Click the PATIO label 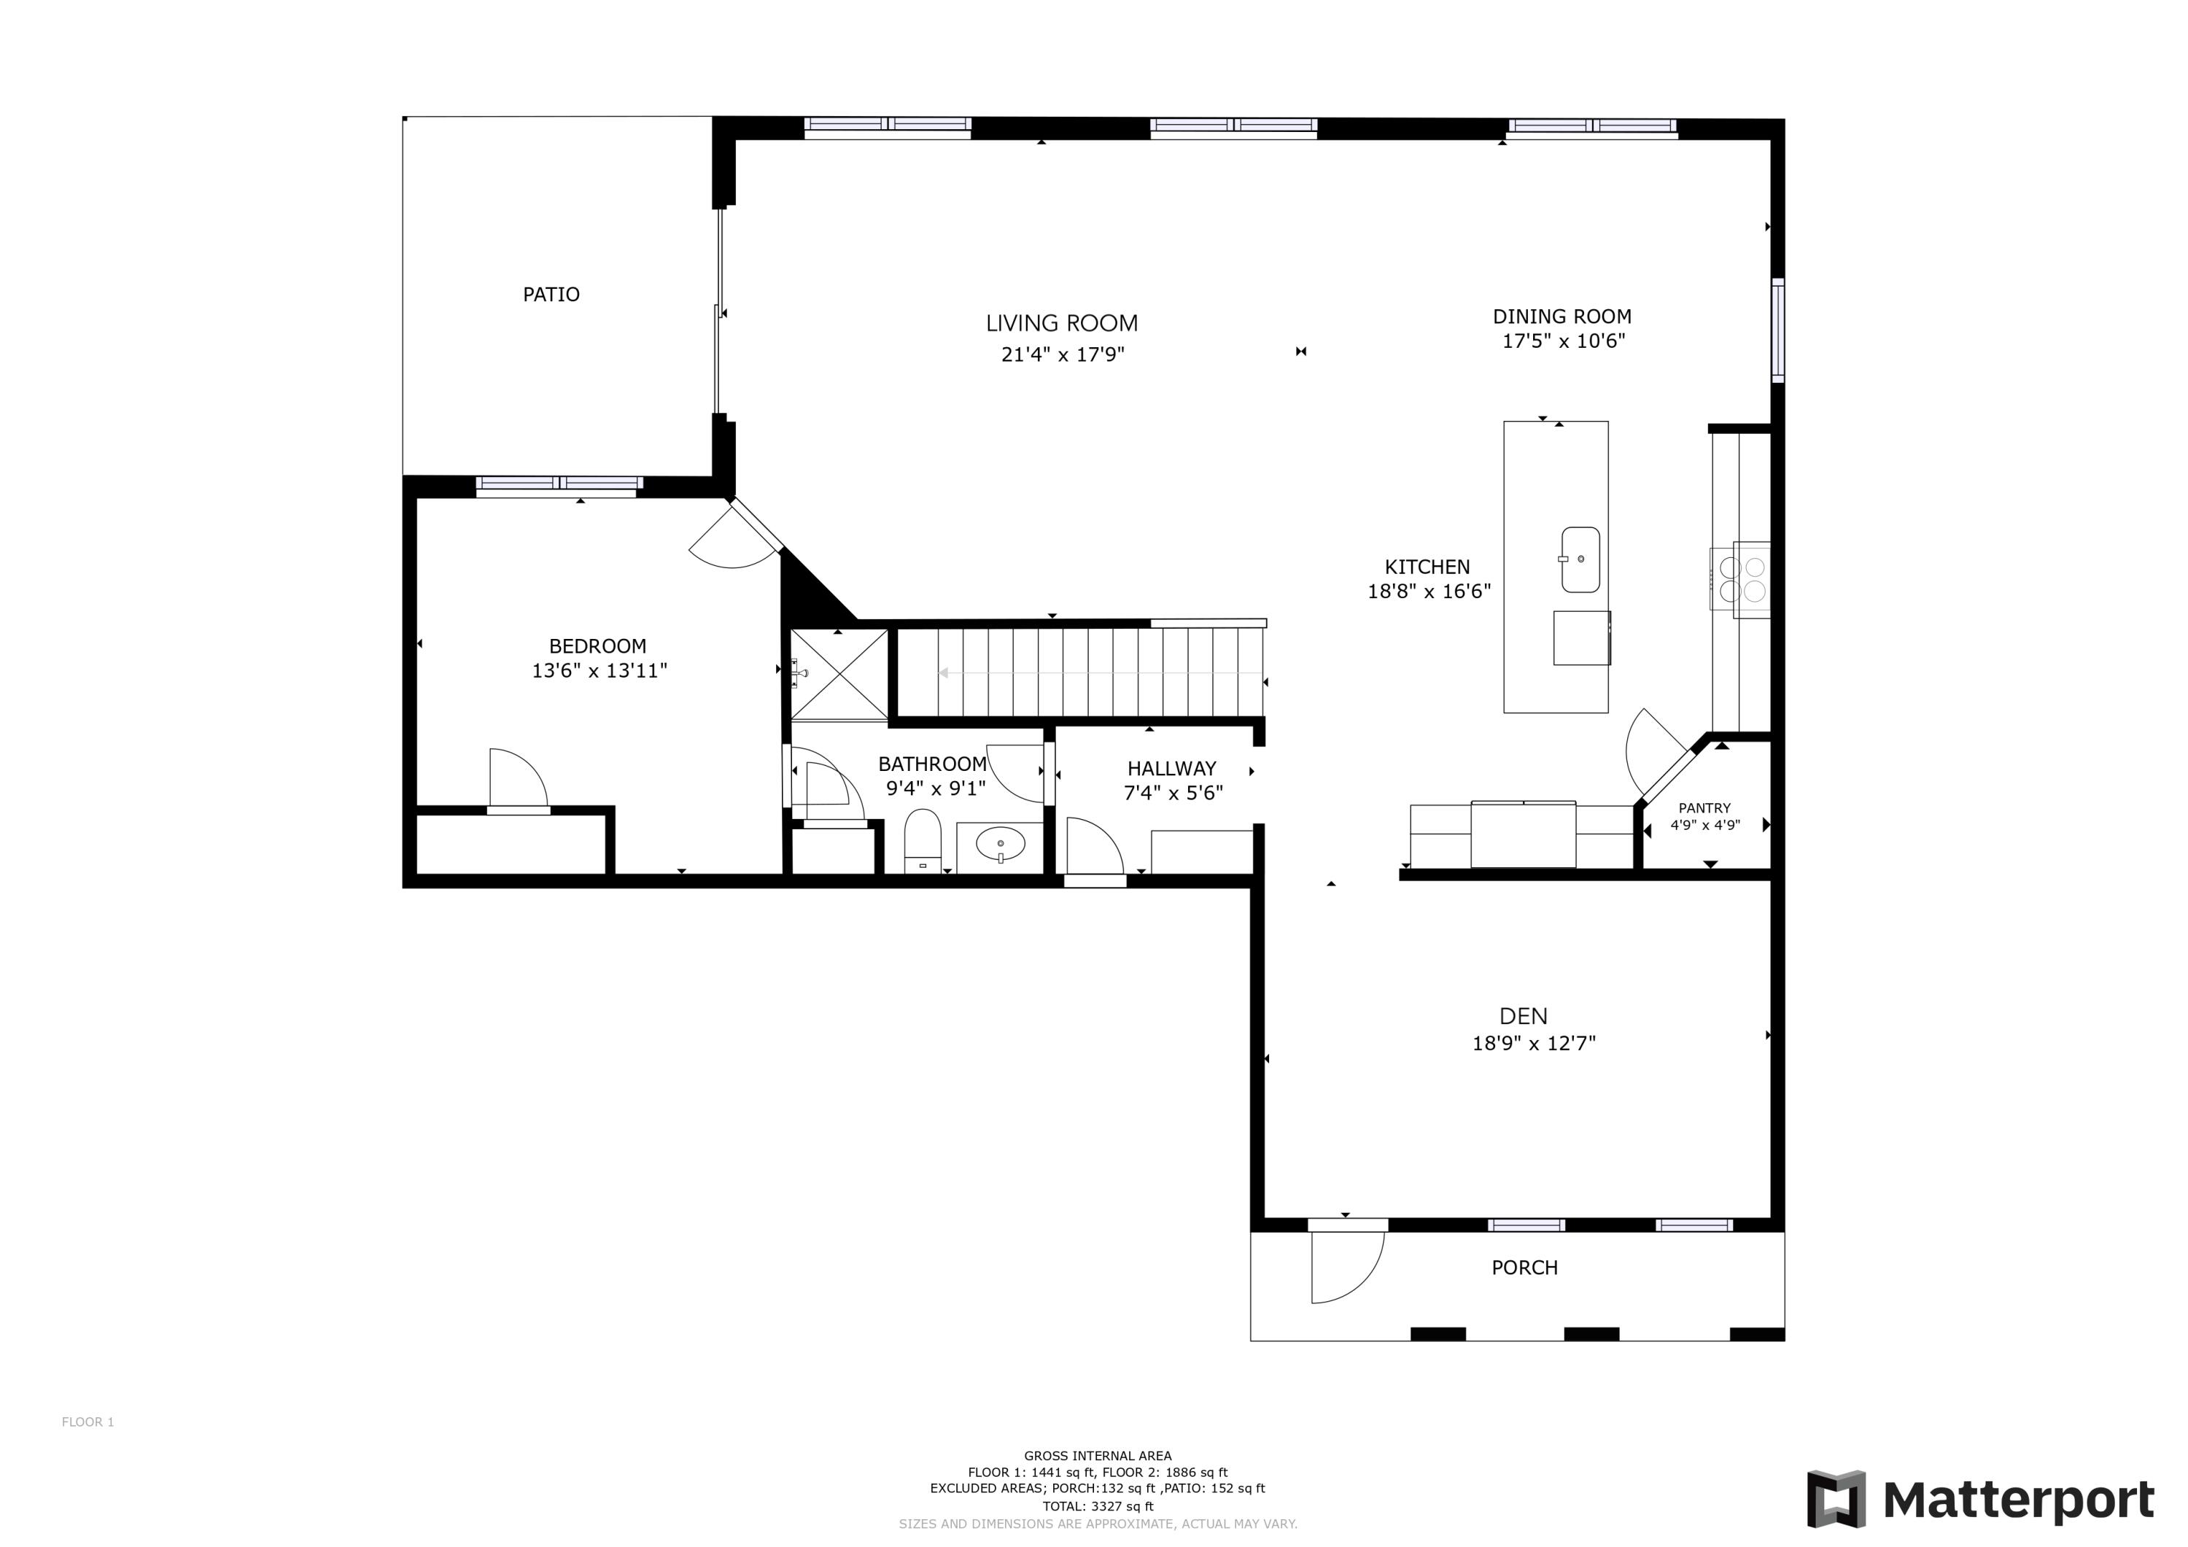tap(551, 295)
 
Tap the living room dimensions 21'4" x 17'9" tap(1063, 354)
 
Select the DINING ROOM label tap(1562, 317)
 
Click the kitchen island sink tap(1580, 559)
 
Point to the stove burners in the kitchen tap(1742, 580)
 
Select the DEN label tap(1523, 1016)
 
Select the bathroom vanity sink tap(1001, 845)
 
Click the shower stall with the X tap(839, 674)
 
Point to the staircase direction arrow tap(1096, 673)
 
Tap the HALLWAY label tap(1171, 768)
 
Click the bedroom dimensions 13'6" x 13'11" tap(599, 671)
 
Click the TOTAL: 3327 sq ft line tap(1098, 1506)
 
